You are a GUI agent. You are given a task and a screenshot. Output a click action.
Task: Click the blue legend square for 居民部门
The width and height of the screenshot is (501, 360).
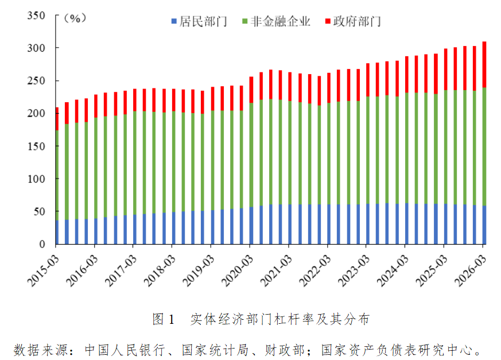pyautogui.click(x=174, y=22)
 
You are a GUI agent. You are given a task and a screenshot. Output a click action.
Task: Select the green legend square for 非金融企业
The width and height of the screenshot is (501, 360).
pyautogui.click(x=245, y=22)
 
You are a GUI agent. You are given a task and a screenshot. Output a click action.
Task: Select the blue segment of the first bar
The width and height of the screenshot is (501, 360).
pyautogui.click(x=56, y=233)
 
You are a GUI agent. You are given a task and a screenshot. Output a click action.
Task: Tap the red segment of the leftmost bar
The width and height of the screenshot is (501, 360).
pyautogui.click(x=56, y=119)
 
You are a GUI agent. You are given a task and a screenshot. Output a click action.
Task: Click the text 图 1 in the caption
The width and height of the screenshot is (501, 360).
pyautogui.click(x=163, y=319)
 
